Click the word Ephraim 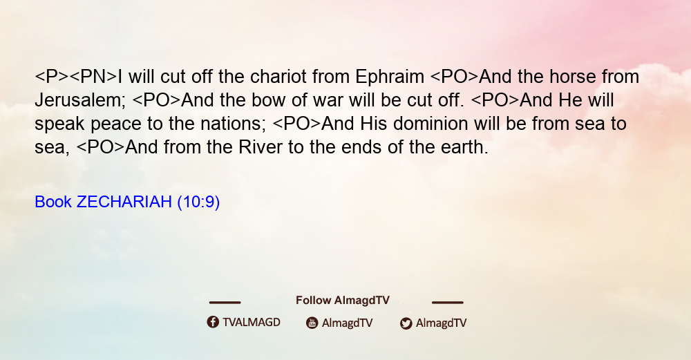pos(390,77)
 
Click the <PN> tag pos(93,77)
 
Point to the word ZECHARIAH pos(124,202)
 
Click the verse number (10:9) pos(198,202)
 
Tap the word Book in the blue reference pos(53,202)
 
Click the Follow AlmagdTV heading pos(343,301)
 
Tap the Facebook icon pos(213,322)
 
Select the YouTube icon pos(312,323)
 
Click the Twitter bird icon pos(406,323)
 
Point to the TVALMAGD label pos(252,323)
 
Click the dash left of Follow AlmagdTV pos(225,303)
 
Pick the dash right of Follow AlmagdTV pos(447,303)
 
